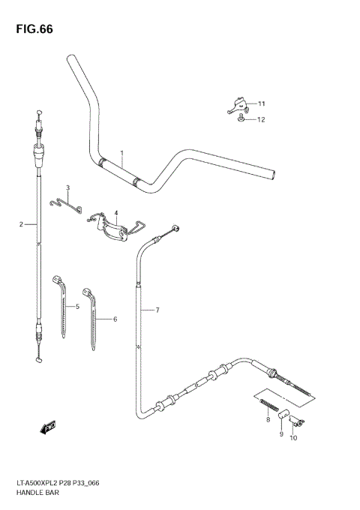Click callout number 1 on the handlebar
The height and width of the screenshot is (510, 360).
click(x=121, y=154)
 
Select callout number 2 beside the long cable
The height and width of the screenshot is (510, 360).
click(x=22, y=224)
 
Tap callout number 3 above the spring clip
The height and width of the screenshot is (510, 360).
click(x=67, y=187)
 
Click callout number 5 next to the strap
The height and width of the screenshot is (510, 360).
click(x=76, y=307)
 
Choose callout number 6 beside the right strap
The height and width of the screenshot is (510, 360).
click(x=115, y=319)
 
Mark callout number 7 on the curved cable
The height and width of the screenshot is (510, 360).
click(x=157, y=310)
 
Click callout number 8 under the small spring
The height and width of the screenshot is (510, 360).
click(x=267, y=421)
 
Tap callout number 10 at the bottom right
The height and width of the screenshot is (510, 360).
click(x=293, y=438)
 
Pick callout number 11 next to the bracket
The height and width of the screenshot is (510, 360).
click(x=261, y=103)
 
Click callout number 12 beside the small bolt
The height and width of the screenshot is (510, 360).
click(x=261, y=119)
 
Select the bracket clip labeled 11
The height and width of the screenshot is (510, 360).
click(x=236, y=105)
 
